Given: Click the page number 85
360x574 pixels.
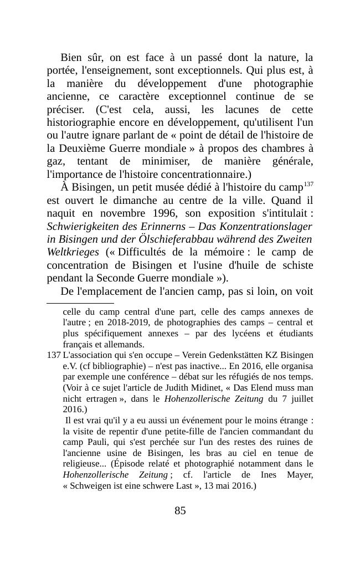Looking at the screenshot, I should (180, 511).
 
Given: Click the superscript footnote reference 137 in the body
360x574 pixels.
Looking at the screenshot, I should (308, 183).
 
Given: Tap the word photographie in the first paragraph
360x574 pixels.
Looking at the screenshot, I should (283, 84).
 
